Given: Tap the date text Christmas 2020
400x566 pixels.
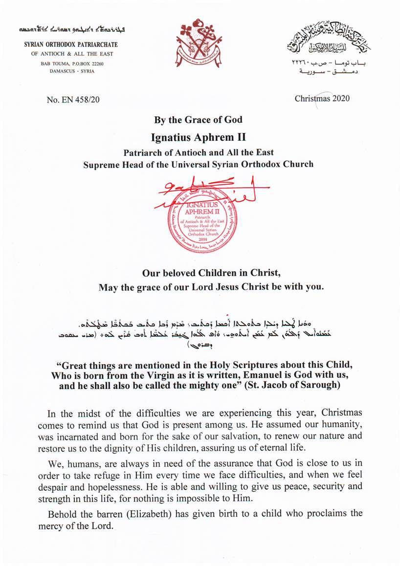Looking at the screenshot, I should pos(322,98).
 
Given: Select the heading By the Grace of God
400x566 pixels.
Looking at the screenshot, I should pos(198,120).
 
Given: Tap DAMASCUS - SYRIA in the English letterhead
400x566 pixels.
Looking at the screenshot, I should pos(72,71).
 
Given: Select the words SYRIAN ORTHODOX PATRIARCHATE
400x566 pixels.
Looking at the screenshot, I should pos(71,45).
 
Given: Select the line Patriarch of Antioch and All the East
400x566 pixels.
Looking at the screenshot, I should pos(198,152).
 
